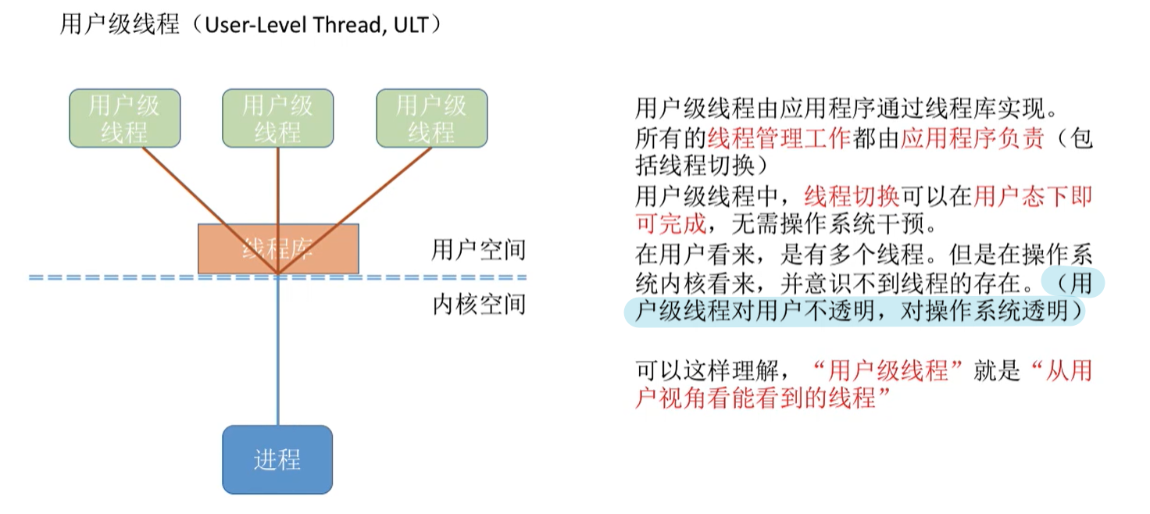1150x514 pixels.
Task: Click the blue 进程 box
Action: [x=277, y=459]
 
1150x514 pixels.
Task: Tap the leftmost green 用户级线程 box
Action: [x=124, y=119]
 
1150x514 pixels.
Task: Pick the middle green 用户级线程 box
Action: [x=277, y=119]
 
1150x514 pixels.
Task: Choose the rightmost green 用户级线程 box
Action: [x=431, y=119]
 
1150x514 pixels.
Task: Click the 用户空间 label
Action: [x=479, y=251]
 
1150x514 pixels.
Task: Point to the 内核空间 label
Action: [x=479, y=304]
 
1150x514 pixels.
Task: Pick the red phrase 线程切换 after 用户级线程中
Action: [x=852, y=196]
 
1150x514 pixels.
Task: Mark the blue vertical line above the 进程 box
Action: [x=278, y=352]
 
